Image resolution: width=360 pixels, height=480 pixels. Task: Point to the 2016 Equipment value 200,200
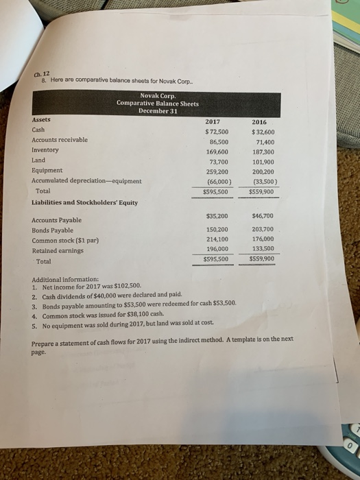263,171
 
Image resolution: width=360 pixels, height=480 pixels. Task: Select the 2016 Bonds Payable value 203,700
263,228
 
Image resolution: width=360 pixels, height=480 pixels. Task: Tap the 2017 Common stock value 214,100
217,239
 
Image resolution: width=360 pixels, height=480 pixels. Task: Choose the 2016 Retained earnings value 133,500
263,249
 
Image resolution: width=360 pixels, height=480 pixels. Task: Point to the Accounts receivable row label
60,139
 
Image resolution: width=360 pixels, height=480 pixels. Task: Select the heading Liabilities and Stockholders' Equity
85,202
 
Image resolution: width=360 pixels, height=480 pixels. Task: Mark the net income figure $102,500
125,287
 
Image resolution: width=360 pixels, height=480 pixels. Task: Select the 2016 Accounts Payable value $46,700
263,215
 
